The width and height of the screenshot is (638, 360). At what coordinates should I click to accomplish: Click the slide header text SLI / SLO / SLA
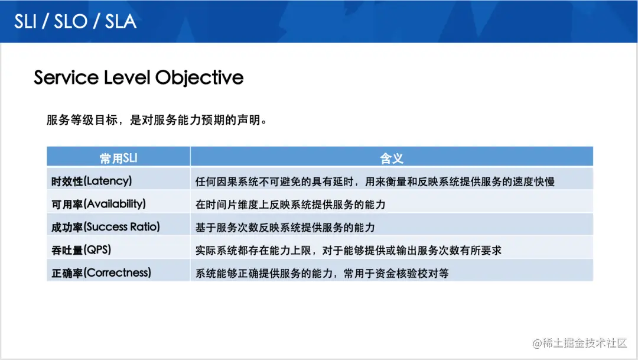click(75, 21)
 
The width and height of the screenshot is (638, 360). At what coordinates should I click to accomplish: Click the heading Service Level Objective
click(138, 77)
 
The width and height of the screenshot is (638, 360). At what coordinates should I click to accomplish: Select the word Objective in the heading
click(199, 77)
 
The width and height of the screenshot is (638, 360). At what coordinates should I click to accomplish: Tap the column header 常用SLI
click(118, 158)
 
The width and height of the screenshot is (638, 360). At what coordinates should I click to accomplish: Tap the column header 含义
click(391, 158)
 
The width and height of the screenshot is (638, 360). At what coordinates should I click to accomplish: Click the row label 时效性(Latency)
click(92, 181)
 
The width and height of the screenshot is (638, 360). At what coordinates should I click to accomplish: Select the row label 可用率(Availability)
click(99, 204)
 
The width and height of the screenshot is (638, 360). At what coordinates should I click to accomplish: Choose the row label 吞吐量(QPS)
click(82, 250)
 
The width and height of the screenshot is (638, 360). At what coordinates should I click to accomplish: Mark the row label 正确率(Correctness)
click(102, 273)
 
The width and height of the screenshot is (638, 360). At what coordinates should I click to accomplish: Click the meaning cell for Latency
click(375, 181)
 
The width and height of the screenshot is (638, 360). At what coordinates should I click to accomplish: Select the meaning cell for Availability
click(290, 205)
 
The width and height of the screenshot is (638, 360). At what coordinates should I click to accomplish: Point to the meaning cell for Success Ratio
click(285, 228)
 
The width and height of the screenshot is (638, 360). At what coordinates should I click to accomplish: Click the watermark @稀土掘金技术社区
click(579, 343)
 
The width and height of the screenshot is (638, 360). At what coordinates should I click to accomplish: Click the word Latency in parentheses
click(108, 181)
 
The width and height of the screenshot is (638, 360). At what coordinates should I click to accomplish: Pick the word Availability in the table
click(115, 204)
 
